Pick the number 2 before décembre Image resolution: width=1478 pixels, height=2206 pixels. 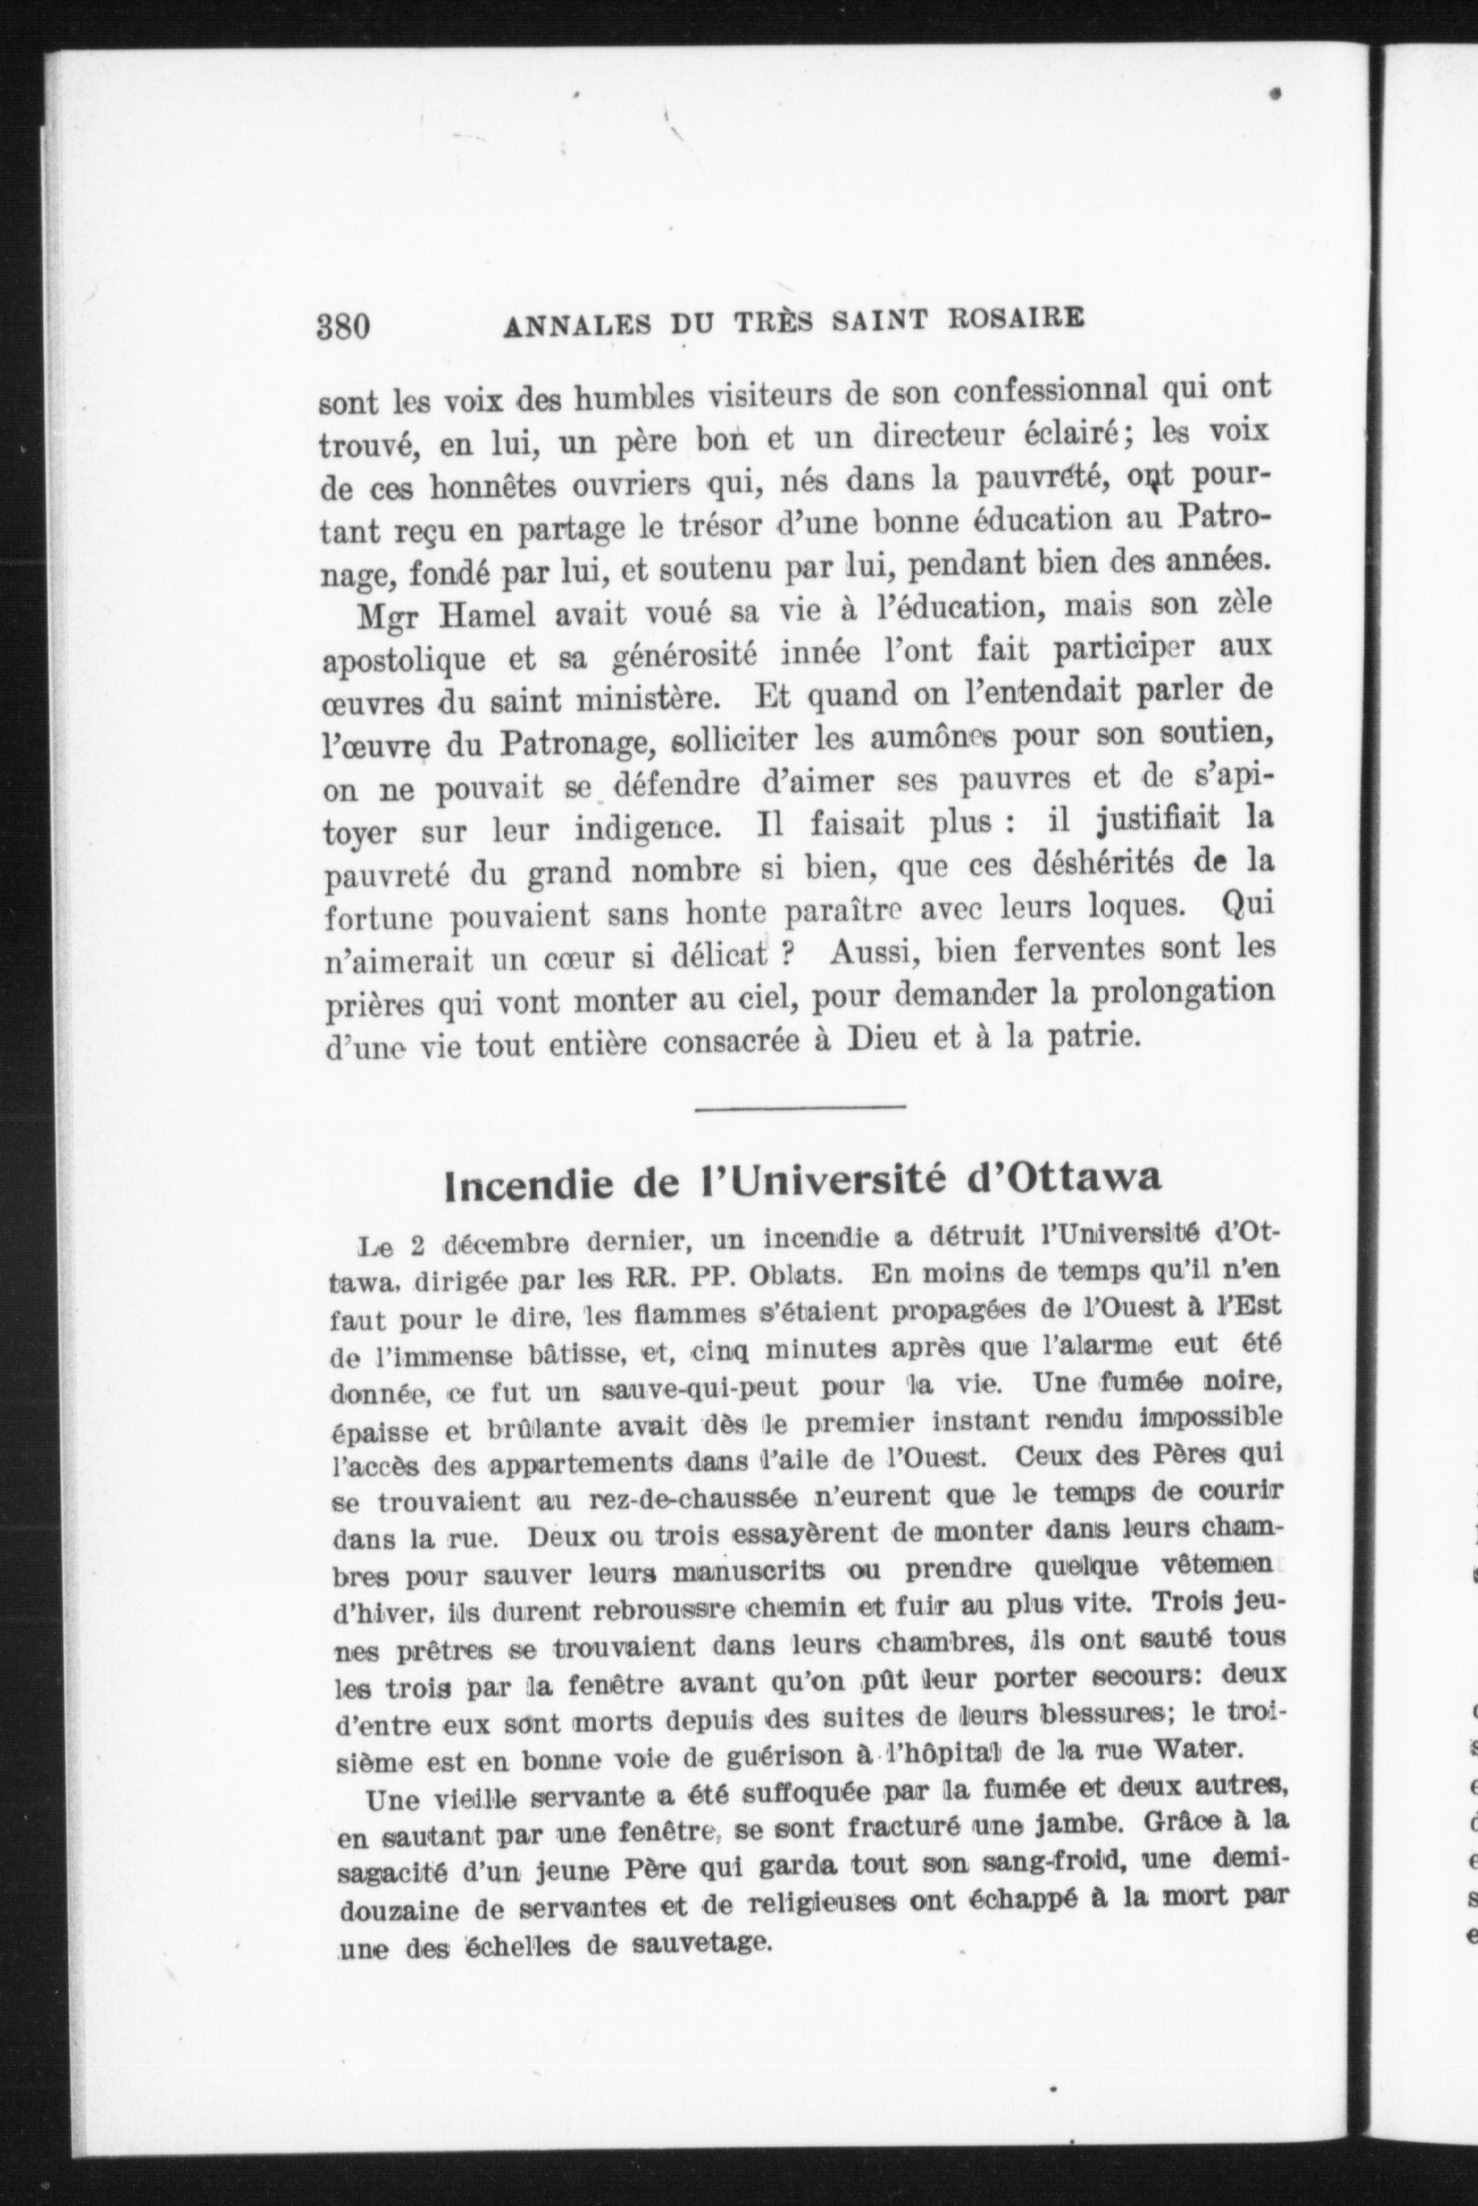pos(415,1243)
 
